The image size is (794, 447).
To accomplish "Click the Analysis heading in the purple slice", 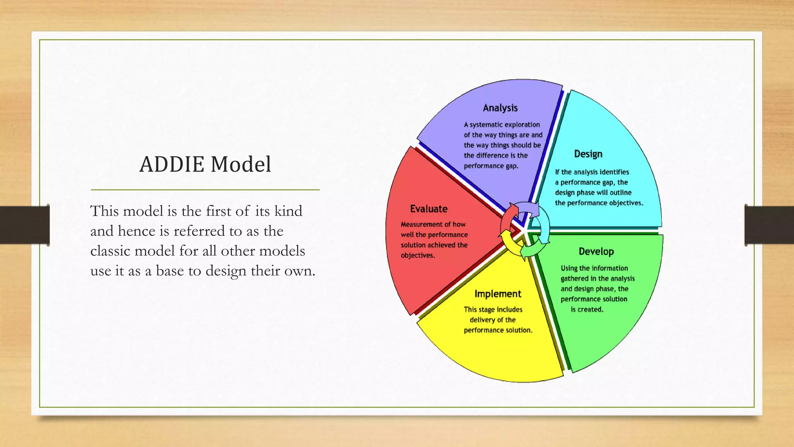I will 500,108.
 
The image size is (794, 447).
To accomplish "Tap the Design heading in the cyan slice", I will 588,154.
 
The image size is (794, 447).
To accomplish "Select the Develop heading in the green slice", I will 596,251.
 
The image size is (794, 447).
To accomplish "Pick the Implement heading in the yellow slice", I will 497,294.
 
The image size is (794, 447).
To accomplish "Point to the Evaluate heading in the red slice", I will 429,209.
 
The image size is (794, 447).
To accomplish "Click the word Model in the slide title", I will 241,164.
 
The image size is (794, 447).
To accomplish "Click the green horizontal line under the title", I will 205,190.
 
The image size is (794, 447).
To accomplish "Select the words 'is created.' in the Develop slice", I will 587,310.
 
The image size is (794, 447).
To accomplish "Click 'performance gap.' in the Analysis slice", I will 491,166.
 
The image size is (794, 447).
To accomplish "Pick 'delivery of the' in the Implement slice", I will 492,320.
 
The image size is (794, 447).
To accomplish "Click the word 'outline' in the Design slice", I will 620,193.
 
